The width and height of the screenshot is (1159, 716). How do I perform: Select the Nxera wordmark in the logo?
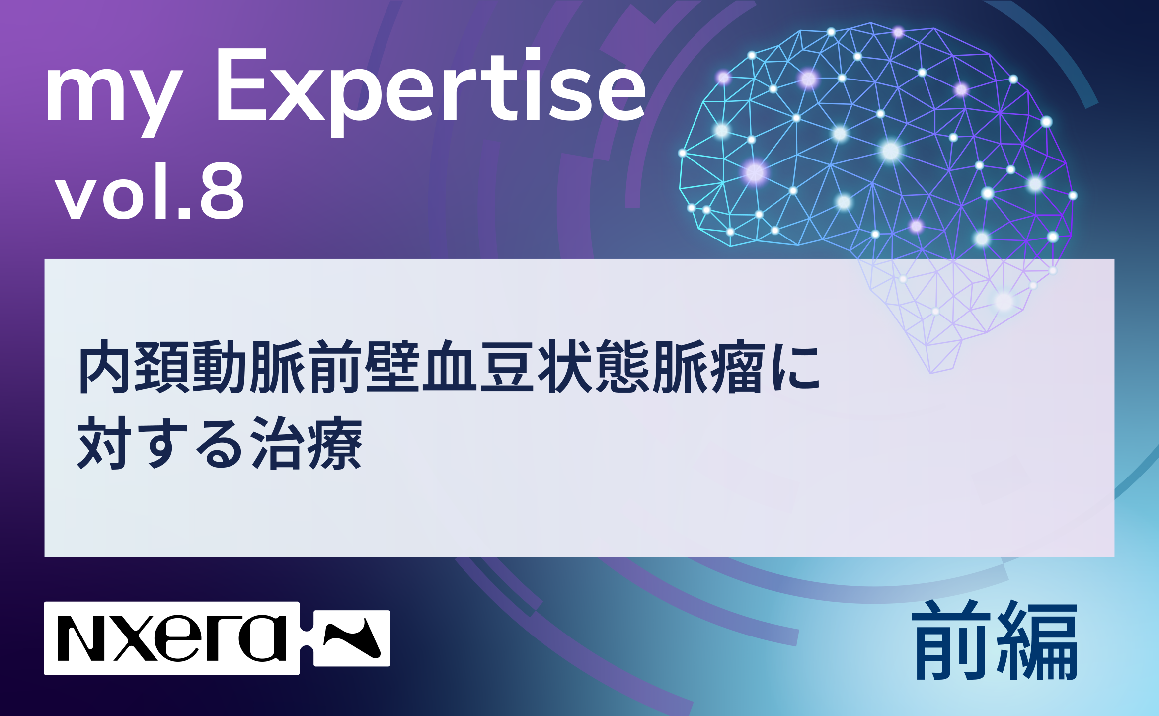(x=172, y=638)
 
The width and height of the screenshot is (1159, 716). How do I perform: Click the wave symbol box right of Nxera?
(x=352, y=638)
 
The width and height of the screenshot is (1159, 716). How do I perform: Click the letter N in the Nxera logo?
(x=81, y=638)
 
